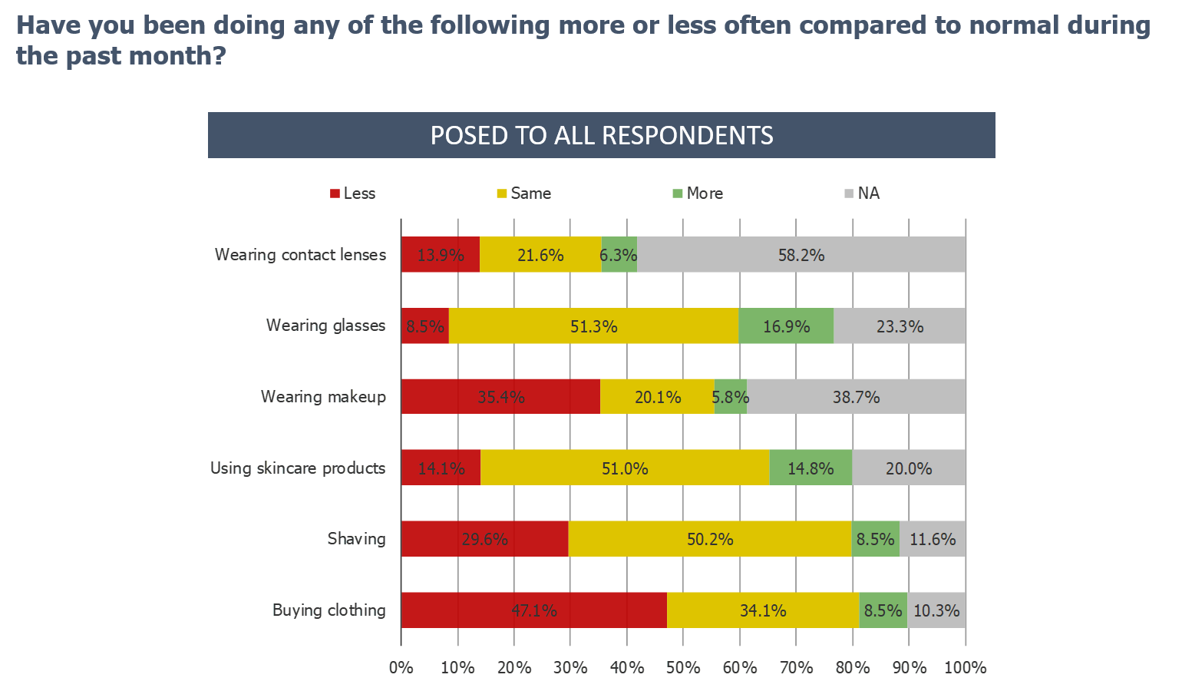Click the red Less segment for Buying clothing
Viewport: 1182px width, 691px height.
coord(533,610)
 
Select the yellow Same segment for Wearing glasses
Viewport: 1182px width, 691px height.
coord(593,326)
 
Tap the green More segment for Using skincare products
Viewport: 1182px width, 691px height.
coord(811,468)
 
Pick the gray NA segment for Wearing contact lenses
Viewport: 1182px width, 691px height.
coord(801,255)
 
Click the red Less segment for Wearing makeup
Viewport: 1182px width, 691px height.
coord(500,397)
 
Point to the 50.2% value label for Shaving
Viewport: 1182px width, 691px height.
coord(710,540)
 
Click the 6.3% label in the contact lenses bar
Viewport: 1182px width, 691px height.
coord(619,255)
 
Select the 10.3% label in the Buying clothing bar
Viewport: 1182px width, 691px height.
coord(936,610)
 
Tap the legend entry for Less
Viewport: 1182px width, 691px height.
coord(353,193)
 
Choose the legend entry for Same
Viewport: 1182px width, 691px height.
coord(524,193)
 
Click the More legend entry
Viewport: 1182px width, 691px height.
coord(698,193)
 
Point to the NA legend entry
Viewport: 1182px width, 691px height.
coord(863,193)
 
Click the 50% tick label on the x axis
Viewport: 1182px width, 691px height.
coord(683,668)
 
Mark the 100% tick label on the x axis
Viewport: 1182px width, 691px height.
coord(965,668)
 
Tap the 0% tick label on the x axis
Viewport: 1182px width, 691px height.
coord(401,668)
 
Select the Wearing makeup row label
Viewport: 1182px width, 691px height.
coord(323,397)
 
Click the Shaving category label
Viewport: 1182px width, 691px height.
coord(356,539)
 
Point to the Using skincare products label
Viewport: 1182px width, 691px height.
coord(298,468)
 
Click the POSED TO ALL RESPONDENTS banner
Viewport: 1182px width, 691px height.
coord(602,135)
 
